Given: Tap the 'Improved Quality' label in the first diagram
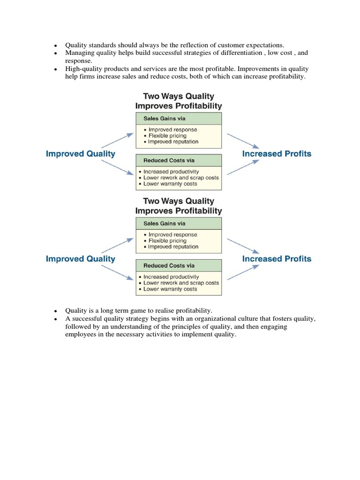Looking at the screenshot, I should tap(81, 154).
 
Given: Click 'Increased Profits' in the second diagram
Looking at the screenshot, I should tap(277, 259).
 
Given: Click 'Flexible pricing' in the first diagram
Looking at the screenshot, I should tap(167, 136).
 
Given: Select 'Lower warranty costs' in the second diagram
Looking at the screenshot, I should tap(170, 289).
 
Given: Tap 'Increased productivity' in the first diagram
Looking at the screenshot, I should tap(171, 172).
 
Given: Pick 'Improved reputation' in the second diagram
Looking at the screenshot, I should tap(173, 247).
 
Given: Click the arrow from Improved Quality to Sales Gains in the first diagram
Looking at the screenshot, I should tap(117, 140).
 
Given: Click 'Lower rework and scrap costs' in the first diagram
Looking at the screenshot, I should tap(181, 178).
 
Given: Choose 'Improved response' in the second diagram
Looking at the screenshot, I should tap(172, 235).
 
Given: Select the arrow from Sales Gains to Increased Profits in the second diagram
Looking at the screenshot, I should tap(242, 245).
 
